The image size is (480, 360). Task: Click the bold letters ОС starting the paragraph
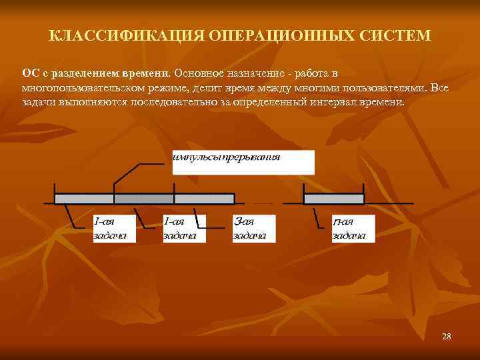(30, 71)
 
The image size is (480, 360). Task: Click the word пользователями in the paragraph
(387, 87)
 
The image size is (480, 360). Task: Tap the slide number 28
(446, 337)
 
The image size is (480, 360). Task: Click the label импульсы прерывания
(227, 157)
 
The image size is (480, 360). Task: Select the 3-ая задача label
(249, 227)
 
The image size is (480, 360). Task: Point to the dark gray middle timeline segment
(143, 198)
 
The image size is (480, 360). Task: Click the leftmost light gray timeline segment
(83, 198)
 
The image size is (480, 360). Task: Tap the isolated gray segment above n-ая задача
(333, 198)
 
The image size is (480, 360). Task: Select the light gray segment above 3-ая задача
(204, 198)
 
